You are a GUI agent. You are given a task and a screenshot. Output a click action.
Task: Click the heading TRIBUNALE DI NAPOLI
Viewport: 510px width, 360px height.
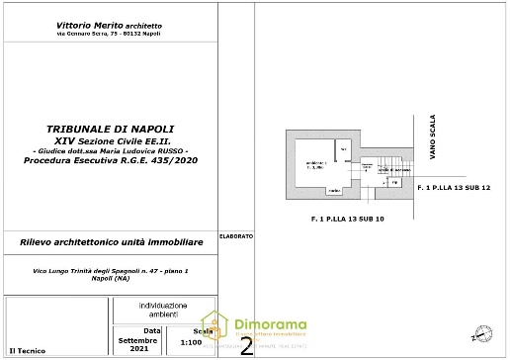112,130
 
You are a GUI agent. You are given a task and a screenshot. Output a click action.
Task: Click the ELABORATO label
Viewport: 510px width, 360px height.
236,236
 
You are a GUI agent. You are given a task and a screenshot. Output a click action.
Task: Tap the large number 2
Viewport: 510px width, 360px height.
246,344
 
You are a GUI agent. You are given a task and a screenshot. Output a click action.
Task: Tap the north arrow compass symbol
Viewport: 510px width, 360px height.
481,331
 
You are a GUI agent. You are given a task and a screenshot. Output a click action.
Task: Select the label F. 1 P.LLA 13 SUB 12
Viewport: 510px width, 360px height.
454,187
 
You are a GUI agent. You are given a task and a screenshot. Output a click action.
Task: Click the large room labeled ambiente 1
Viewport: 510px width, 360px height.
316,164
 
